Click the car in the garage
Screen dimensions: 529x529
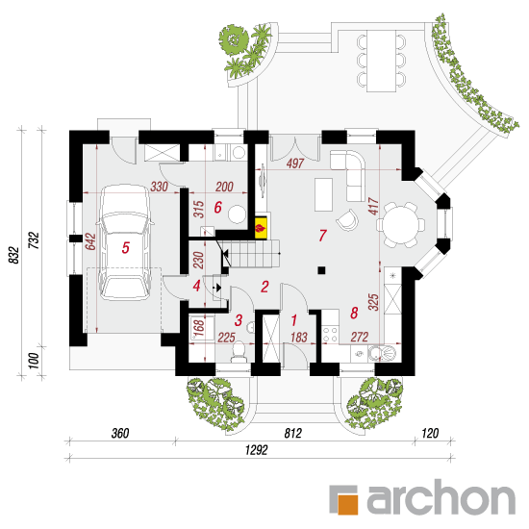click(125, 242)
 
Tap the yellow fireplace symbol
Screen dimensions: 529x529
click(261, 228)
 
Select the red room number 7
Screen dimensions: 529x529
click(322, 236)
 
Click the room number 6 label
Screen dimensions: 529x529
click(218, 207)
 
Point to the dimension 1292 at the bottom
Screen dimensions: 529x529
click(256, 450)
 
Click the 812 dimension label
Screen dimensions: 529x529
click(292, 433)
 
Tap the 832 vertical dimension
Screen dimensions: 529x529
click(13, 255)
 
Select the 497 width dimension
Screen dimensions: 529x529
click(295, 164)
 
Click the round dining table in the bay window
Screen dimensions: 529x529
click(401, 224)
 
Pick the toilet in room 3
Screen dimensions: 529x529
click(239, 352)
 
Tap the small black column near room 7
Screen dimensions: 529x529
click(321, 270)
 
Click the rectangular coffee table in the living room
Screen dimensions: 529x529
click(323, 194)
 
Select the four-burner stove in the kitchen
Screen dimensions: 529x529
click(330, 334)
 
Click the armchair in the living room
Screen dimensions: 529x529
click(348, 219)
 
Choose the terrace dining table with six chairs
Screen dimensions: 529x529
click(381, 61)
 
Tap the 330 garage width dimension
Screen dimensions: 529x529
click(159, 187)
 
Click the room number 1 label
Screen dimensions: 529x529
click(293, 320)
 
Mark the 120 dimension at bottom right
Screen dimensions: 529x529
click(430, 433)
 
